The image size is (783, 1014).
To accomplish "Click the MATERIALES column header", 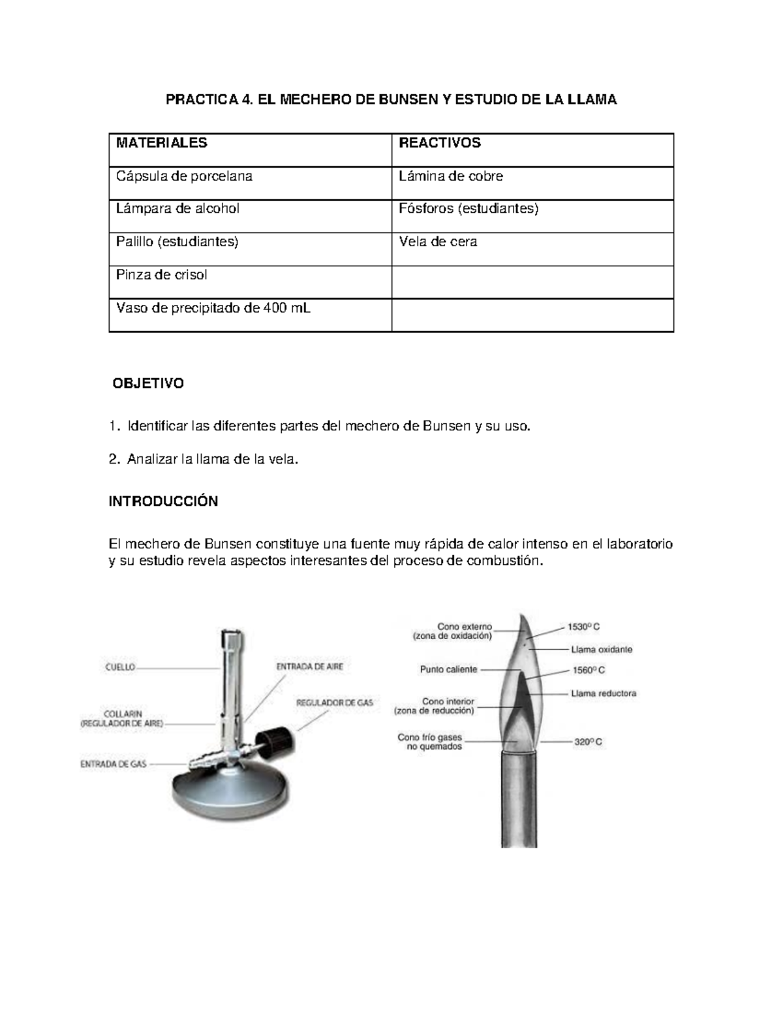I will click(x=161, y=143).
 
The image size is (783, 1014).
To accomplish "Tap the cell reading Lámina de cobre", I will click(x=451, y=176).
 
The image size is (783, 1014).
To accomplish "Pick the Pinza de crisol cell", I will click(x=161, y=275).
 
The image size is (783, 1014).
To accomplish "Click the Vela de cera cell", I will click(x=438, y=242).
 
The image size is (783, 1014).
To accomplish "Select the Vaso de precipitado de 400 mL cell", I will click(x=213, y=308).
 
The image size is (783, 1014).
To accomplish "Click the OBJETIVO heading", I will click(x=149, y=383).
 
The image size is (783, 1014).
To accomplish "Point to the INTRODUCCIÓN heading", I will click(x=163, y=501).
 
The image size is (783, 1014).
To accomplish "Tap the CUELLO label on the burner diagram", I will click(x=120, y=667).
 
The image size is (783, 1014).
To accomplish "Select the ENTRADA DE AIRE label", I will click(x=309, y=667).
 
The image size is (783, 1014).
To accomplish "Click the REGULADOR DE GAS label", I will click(x=335, y=703).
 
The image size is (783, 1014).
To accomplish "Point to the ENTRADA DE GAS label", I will click(x=113, y=763).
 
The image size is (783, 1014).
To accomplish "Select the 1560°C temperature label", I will click(x=588, y=670).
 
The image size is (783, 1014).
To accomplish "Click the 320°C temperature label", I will click(x=588, y=742).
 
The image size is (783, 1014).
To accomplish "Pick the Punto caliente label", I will click(x=448, y=669).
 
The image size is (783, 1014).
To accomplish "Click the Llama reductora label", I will click(x=603, y=693).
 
